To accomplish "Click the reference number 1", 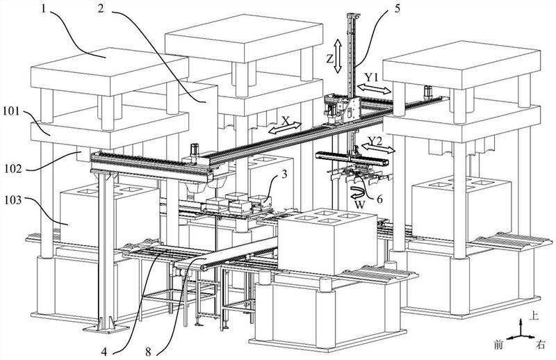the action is click(43, 8).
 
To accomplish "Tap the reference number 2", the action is click(101, 8).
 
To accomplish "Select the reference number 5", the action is click(397, 8).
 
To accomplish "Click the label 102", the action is click(13, 168).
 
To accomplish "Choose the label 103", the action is click(13, 200).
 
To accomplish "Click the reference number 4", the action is click(104, 352).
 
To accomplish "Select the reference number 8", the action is click(148, 352).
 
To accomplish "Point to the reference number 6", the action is click(379, 199).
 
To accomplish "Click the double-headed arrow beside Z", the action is click(338, 56).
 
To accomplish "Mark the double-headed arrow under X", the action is click(285, 128).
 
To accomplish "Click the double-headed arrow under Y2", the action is click(378, 149).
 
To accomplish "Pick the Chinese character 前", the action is click(498, 345).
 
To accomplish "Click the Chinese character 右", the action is click(541, 345).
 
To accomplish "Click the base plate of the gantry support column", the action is click(106, 329).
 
